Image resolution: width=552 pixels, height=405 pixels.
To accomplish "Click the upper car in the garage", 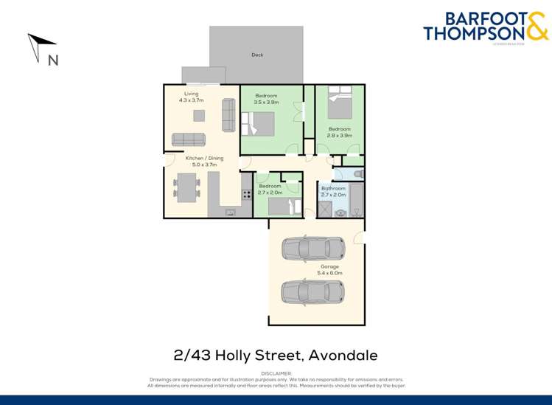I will coord(313,249).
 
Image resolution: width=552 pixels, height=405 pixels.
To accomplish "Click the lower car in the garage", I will coord(313,292).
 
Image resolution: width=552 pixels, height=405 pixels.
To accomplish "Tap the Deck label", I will coord(257,55).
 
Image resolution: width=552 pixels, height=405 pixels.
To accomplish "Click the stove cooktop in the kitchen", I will coord(246,196).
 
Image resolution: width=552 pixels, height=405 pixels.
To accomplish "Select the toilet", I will coord(357,174).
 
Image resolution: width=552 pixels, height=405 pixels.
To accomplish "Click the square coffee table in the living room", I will coord(199,115).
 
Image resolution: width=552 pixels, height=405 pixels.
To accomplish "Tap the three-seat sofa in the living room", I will coord(189,139).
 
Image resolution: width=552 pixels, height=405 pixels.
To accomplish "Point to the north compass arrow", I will coord(37,46).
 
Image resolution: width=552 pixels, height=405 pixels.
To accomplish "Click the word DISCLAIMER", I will coord(276,373).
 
